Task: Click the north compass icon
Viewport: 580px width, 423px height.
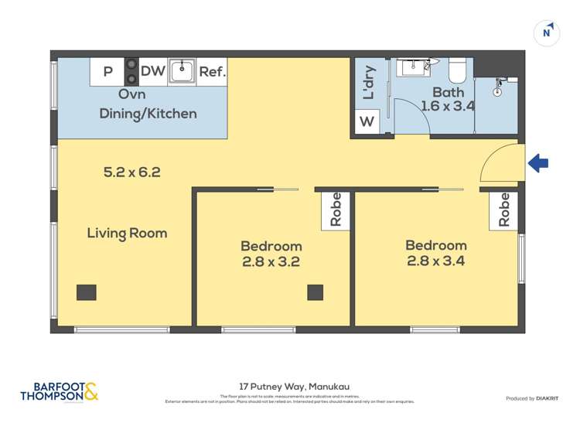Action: [547, 33]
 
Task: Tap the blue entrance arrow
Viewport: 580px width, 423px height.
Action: [538, 163]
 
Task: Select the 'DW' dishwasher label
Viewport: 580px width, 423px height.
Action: [153, 72]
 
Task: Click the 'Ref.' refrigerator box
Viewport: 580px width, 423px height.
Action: [212, 72]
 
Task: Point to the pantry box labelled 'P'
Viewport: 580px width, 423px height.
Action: [107, 72]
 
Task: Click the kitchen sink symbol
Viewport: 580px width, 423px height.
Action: [182, 71]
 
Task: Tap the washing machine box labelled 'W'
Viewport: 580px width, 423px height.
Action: [367, 121]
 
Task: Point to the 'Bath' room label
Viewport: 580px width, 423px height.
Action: [449, 92]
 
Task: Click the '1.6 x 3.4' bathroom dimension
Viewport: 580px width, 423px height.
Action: [448, 107]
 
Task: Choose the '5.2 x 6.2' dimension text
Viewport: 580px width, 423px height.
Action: [131, 172]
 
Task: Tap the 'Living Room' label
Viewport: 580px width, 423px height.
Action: [127, 233]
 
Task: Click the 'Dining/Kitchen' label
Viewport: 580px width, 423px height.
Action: [148, 114]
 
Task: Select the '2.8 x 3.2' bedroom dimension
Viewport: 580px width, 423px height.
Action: [271, 262]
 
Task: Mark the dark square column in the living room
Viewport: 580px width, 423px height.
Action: [87, 292]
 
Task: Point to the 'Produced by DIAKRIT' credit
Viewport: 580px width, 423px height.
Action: [532, 398]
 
